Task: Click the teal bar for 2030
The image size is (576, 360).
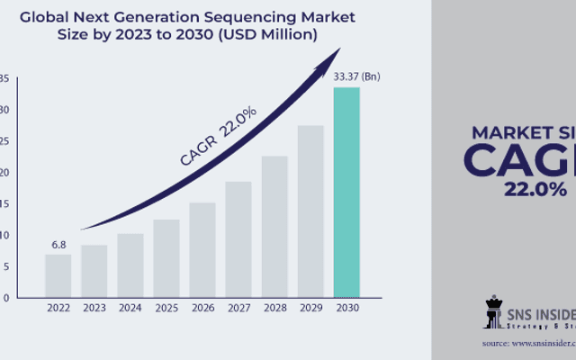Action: point(346,192)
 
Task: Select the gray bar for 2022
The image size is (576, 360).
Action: point(58,275)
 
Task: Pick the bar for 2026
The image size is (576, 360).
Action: point(202,249)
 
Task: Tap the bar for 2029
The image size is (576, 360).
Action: point(310,211)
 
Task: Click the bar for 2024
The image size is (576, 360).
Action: point(130,265)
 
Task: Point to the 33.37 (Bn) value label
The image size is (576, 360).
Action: point(356,76)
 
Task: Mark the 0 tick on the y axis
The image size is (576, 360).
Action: point(6,297)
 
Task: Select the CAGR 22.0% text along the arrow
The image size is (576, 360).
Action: point(218,135)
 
